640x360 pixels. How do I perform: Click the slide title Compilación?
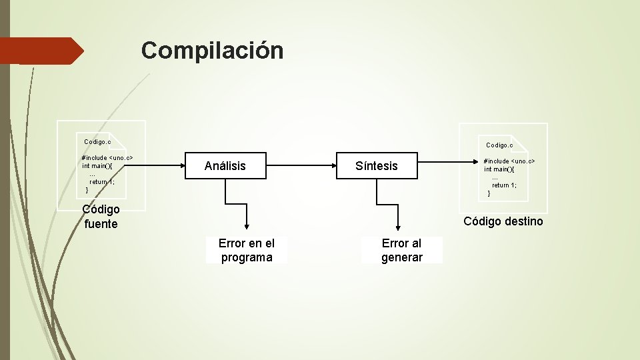click(212, 50)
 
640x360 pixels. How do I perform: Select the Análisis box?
click(225, 166)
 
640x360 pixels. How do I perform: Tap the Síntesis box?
click(377, 166)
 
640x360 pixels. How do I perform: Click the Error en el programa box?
click(247, 250)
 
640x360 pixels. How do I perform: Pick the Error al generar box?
click(402, 250)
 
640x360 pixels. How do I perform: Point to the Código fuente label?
click(101, 217)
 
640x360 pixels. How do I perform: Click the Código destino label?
click(503, 221)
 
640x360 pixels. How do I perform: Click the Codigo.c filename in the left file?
click(97, 142)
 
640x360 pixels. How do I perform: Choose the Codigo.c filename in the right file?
click(499, 145)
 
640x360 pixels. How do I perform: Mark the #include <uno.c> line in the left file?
click(107, 158)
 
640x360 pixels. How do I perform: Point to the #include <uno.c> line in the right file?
click(509, 161)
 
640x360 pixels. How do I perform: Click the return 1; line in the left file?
click(102, 182)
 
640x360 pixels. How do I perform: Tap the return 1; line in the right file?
click(504, 185)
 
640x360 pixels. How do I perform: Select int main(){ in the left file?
click(97, 166)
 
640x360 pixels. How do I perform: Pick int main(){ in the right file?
click(499, 169)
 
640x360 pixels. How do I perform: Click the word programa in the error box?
click(247, 257)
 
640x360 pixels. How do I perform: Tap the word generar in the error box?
click(402, 257)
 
